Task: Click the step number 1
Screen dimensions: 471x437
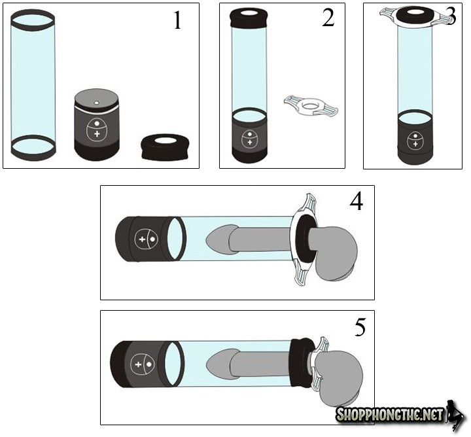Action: click(178, 20)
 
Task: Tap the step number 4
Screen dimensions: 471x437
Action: click(357, 201)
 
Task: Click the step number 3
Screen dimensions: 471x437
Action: click(451, 16)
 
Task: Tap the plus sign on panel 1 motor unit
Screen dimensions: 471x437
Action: click(97, 133)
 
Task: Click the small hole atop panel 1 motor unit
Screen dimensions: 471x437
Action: click(96, 103)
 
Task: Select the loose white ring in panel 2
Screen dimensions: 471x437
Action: click(311, 107)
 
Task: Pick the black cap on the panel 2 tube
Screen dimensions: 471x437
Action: click(248, 18)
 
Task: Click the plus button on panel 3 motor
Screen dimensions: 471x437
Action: click(415, 144)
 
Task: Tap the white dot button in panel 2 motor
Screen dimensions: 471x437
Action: click(249, 134)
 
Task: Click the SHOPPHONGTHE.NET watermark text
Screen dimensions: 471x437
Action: click(390, 415)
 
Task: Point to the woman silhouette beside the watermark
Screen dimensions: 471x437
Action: click(456, 413)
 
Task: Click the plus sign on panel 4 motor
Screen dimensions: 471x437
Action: click(143, 239)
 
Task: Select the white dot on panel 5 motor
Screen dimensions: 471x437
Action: click(148, 365)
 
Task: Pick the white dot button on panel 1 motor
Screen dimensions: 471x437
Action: click(97, 124)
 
